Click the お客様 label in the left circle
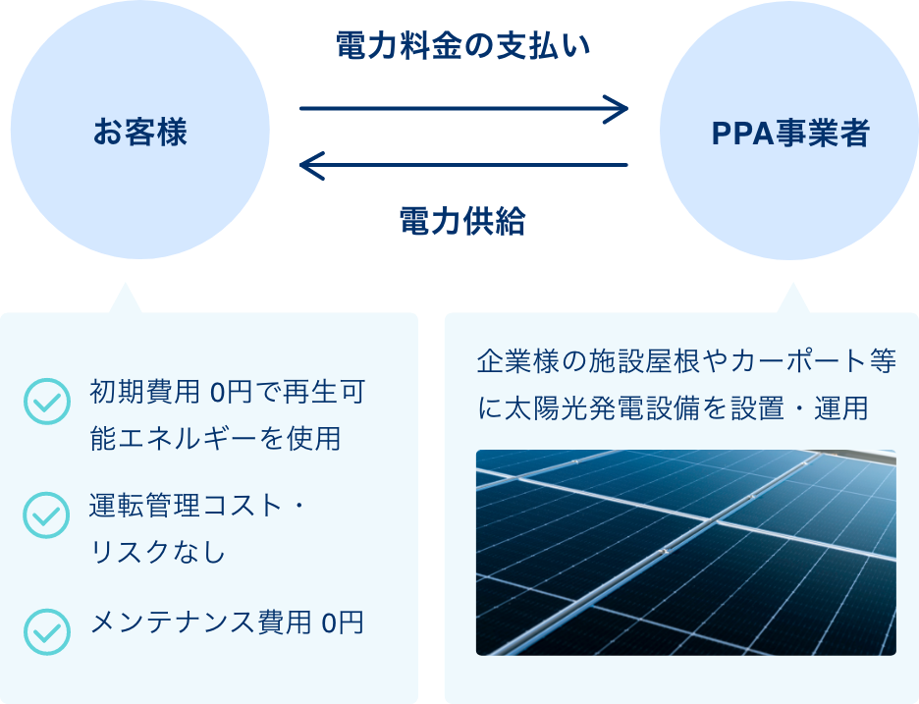click(x=140, y=133)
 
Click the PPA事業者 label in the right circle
click(x=790, y=134)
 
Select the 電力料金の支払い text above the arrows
click(x=462, y=45)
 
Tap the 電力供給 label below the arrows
click(x=462, y=222)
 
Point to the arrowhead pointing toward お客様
click(x=309, y=165)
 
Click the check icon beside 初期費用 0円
click(x=46, y=403)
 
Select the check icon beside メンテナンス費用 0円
click(x=46, y=630)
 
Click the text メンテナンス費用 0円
click(x=227, y=623)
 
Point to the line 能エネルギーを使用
click(x=215, y=438)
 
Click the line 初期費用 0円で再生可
click(x=227, y=394)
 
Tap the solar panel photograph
click(x=685, y=553)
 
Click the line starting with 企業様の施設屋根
click(x=685, y=361)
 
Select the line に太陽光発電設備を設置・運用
click(x=673, y=407)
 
